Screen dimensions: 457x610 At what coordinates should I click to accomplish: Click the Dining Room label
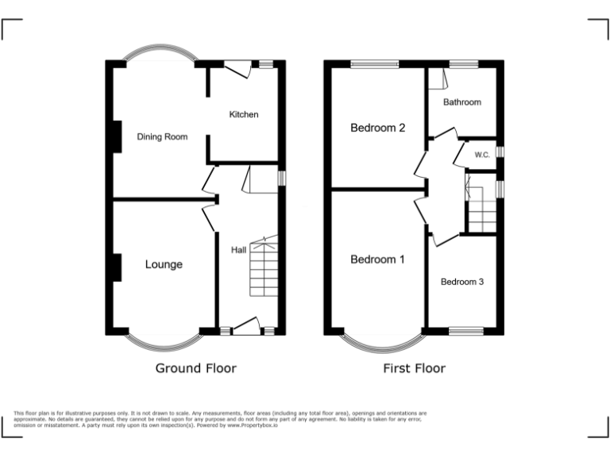click(x=162, y=136)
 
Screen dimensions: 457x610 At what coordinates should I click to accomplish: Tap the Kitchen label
click(x=244, y=114)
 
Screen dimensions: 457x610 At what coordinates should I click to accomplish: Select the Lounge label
click(x=164, y=264)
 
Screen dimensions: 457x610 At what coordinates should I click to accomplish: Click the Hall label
click(x=238, y=250)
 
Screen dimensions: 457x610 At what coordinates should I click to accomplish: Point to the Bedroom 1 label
click(x=377, y=259)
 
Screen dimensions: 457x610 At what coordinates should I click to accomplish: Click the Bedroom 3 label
click(x=462, y=282)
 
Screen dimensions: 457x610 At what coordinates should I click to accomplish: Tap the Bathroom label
click(x=461, y=102)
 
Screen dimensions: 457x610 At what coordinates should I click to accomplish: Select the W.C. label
click(x=482, y=155)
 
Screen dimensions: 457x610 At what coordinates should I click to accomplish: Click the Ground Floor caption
click(x=195, y=368)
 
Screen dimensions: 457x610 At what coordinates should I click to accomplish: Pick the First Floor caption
click(x=414, y=368)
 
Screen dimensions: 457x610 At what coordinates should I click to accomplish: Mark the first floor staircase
click(x=481, y=213)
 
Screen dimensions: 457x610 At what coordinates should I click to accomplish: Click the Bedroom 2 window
click(x=374, y=63)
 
